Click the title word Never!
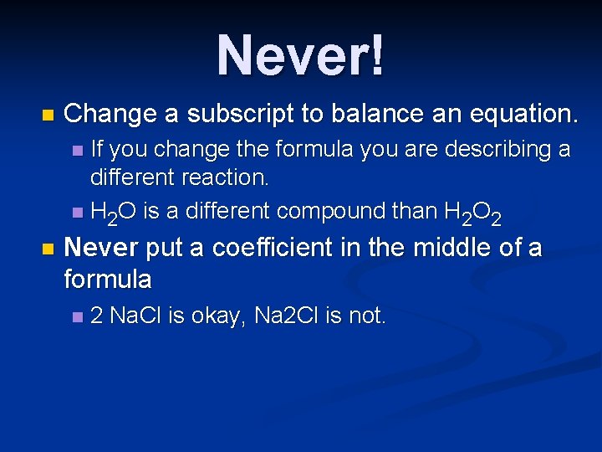[x=301, y=56]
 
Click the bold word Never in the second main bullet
[x=105, y=249]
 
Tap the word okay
[x=215, y=316]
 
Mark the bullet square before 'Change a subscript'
[x=46, y=114]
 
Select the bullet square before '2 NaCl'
[x=78, y=316]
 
